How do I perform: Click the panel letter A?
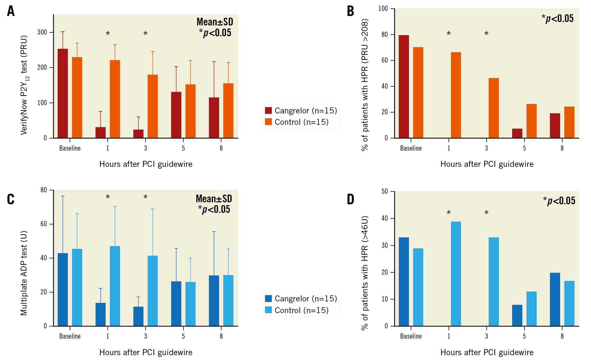coord(11,12)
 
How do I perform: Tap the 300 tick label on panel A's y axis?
coord(42,32)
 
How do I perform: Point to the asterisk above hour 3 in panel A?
coord(145,34)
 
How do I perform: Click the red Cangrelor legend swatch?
coord(268,111)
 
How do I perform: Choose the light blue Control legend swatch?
coord(268,310)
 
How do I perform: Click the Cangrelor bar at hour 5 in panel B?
coord(517,133)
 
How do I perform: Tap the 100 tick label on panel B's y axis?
coord(383,9)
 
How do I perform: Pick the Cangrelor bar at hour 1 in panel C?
coord(101,314)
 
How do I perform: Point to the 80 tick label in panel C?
coord(44,190)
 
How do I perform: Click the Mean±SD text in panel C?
coord(214,199)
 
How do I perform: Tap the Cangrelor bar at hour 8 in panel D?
coord(555,299)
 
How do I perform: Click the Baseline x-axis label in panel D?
coord(411,336)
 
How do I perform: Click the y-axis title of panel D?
coord(365,273)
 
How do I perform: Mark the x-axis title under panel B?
coord(487,164)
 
